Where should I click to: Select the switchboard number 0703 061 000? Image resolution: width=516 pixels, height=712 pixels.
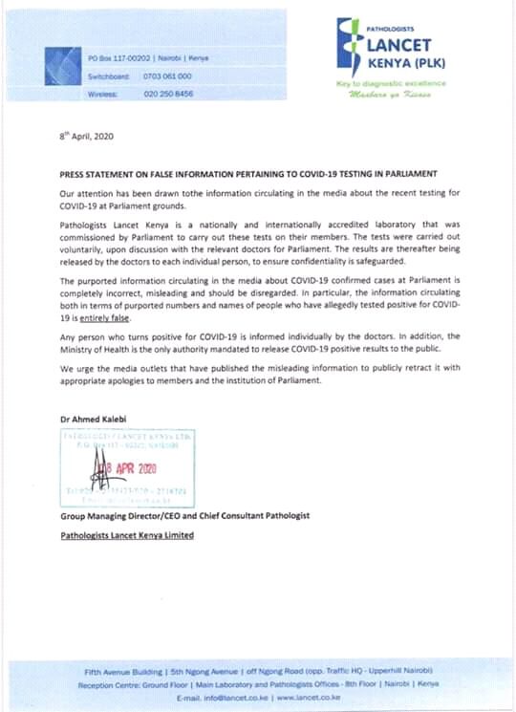pos(167,76)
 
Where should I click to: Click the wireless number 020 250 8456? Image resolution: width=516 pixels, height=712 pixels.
pos(167,94)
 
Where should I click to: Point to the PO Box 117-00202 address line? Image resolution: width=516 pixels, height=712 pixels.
pos(148,58)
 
